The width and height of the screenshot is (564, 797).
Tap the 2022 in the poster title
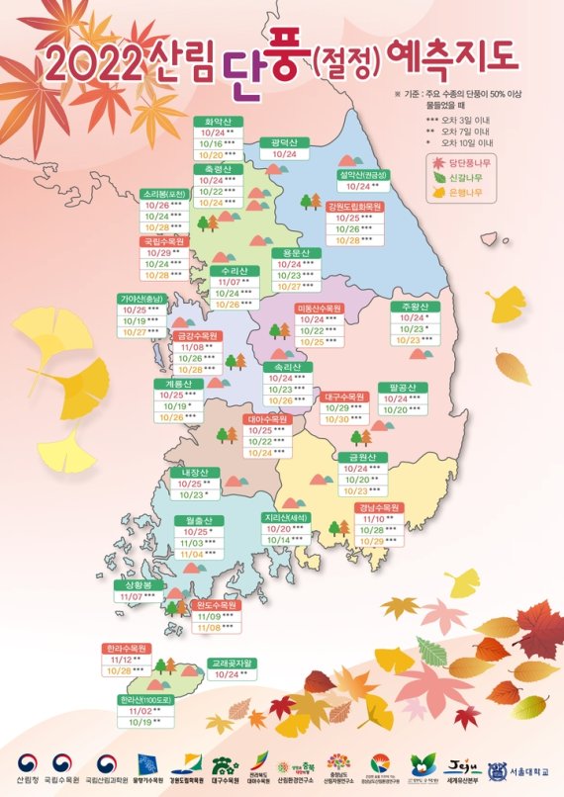pos(91,66)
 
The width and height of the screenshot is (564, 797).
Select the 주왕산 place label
pos(417,305)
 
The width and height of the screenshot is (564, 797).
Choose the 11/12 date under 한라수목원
pos(119,660)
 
